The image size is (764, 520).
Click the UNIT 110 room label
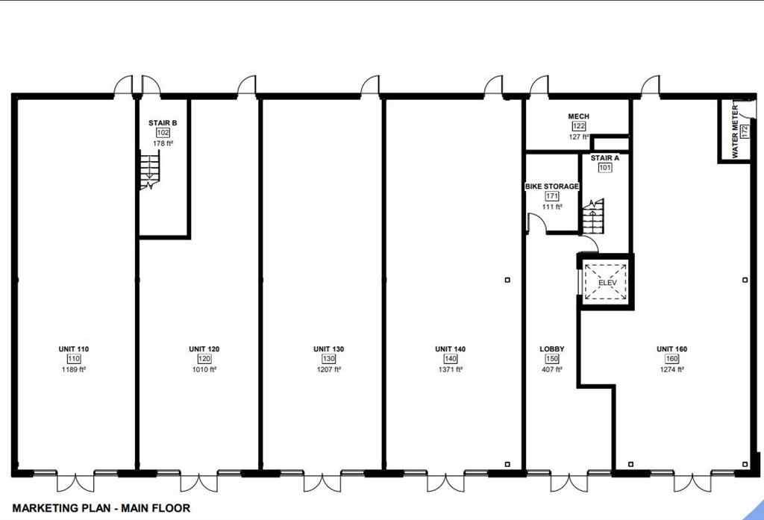[74, 349]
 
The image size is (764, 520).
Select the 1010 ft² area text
[204, 369]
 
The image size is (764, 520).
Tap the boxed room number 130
[328, 359]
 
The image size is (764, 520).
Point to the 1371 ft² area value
[450, 369]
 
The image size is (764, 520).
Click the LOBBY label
[552, 349]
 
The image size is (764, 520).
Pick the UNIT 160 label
[671, 349]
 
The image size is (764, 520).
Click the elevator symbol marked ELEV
[605, 283]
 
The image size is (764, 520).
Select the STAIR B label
[163, 122]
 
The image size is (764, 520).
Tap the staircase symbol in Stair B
[151, 169]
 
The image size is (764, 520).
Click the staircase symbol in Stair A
[593, 216]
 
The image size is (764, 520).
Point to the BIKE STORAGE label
[551, 186]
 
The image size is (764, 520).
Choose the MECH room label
[579, 117]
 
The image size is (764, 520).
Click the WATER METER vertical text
[735, 131]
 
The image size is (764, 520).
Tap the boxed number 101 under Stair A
[605, 168]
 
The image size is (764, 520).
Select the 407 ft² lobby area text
[552, 369]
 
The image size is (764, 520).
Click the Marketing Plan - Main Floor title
[101, 508]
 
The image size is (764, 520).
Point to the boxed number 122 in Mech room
[579, 127]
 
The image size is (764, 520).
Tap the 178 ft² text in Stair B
[163, 142]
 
